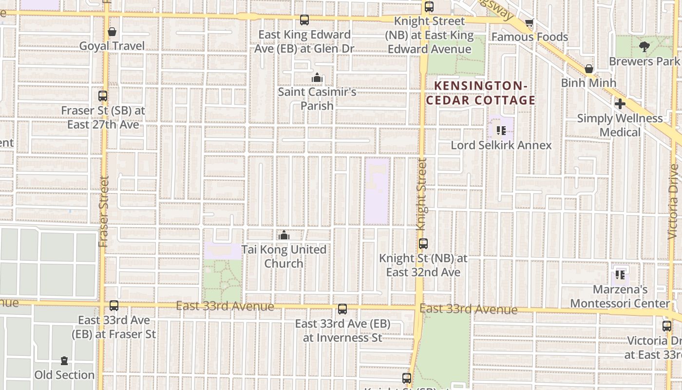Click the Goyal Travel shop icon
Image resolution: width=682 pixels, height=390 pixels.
112,32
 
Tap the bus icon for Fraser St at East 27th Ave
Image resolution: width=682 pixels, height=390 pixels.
102,96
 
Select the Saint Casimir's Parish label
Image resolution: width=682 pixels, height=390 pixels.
317,98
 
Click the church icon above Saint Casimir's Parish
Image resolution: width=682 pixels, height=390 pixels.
317,78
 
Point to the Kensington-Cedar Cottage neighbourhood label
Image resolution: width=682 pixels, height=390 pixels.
481,93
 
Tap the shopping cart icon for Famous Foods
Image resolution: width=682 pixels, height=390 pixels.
530,23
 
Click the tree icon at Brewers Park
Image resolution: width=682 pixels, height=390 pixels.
644,47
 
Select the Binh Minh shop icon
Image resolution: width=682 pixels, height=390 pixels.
588,69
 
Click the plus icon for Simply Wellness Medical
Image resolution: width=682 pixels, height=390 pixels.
620,104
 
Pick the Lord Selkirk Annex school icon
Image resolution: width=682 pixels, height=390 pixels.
501,131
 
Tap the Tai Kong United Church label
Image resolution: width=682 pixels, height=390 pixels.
284,256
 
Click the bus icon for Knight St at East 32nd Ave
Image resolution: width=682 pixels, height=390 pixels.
423,243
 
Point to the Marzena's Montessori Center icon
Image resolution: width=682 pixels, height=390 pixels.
620,275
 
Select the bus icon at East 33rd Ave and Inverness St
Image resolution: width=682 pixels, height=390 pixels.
342,309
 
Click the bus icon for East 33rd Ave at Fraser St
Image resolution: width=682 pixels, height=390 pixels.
114,306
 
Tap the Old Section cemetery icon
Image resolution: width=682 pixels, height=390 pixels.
64,361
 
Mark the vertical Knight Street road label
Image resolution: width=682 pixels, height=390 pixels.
422,194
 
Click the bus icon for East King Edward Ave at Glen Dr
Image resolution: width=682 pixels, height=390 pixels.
304,20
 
